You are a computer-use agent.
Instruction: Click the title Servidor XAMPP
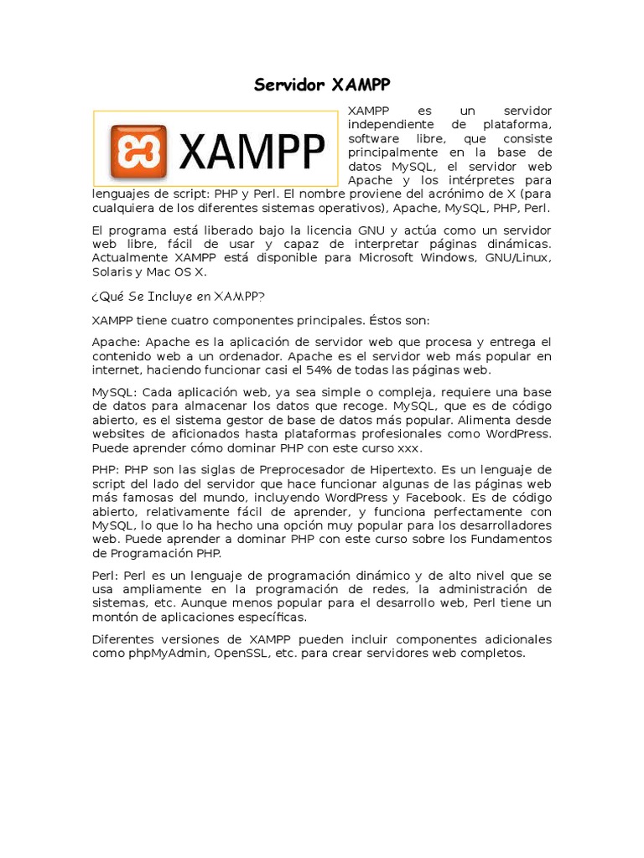coord(322,85)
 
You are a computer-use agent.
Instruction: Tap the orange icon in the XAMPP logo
coord(138,152)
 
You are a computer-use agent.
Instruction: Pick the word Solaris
coord(113,271)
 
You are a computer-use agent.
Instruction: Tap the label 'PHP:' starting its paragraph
coord(106,469)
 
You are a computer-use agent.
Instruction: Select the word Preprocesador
coord(299,469)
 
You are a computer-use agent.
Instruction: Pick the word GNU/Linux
coord(518,258)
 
